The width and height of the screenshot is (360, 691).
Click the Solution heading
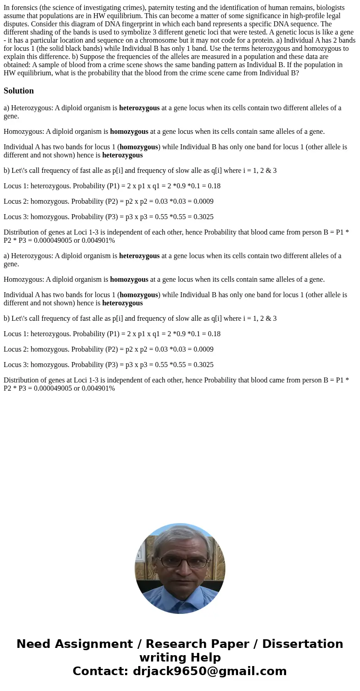coord(19,91)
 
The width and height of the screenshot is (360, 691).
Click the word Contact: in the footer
coord(100,671)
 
